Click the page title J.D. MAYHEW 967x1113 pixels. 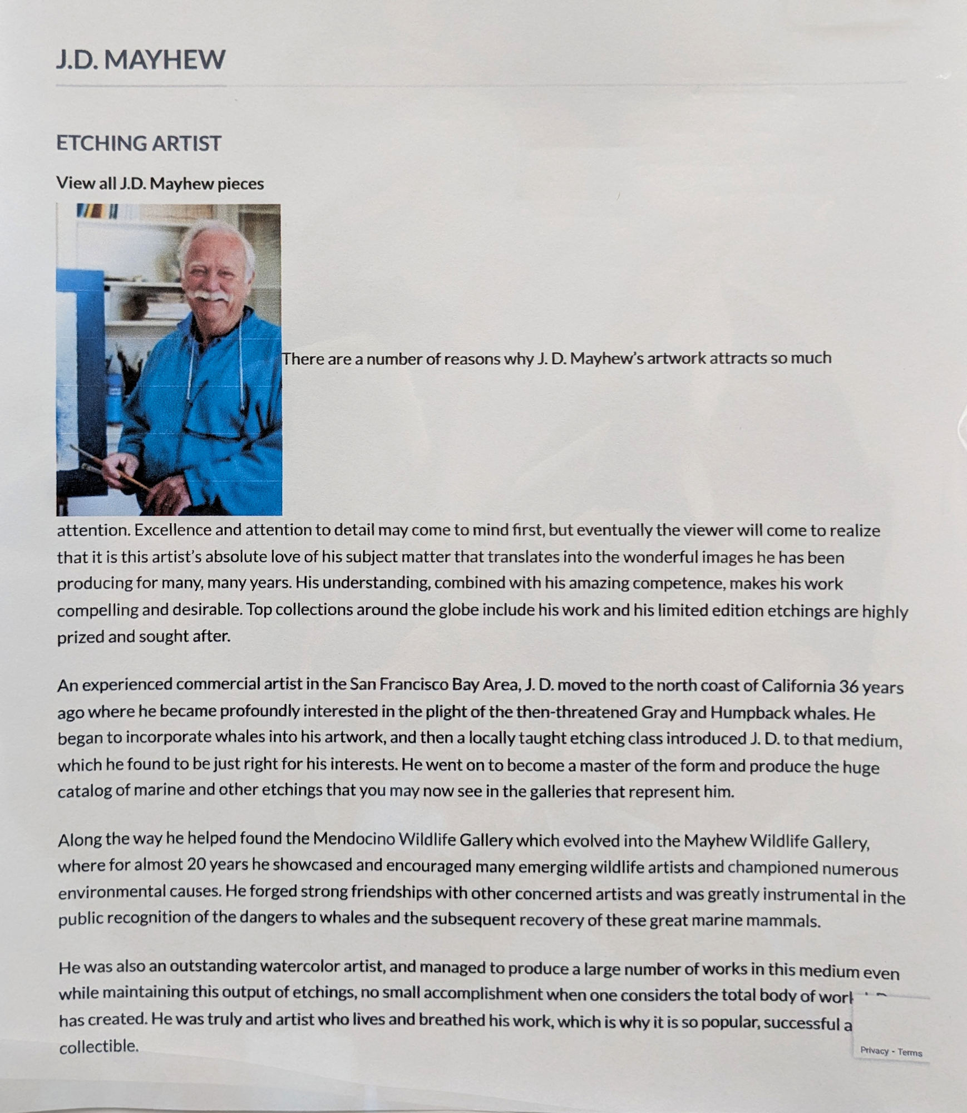(141, 60)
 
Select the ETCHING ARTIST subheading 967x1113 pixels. (139, 144)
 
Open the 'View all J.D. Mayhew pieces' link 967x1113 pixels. (160, 184)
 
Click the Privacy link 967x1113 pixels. (874, 1051)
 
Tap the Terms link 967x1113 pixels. (910, 1052)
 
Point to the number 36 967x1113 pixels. (848, 686)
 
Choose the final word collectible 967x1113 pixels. (98, 1046)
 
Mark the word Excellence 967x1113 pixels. (172, 530)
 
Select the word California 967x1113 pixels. (797, 686)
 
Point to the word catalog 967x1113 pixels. (85, 791)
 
